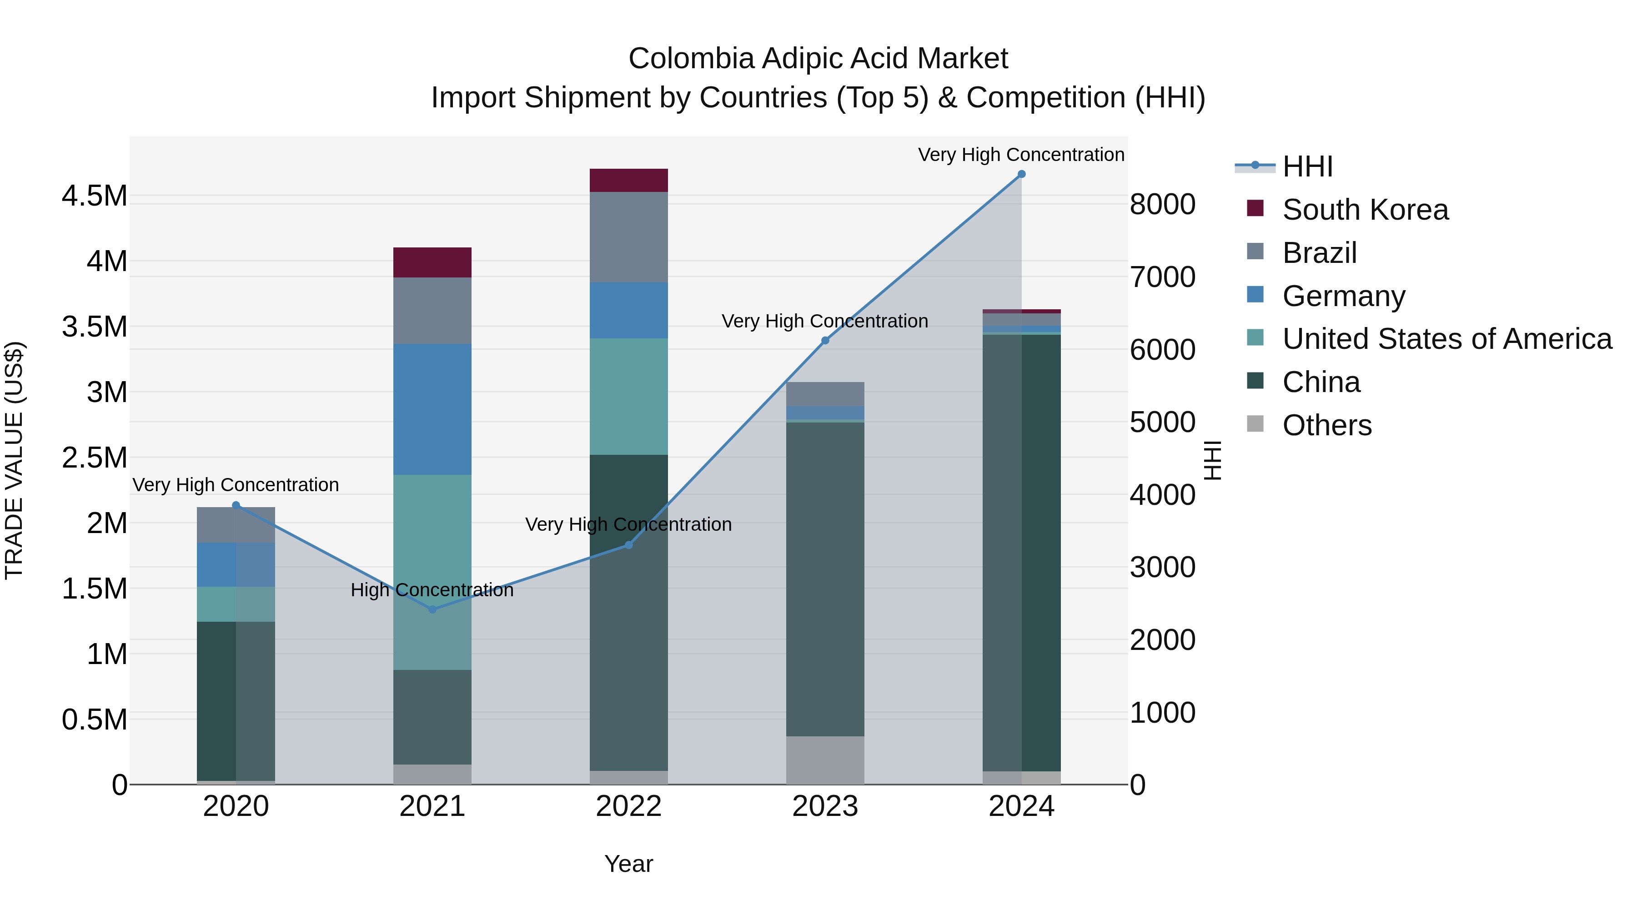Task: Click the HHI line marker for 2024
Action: pos(1021,174)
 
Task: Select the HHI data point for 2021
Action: pos(432,609)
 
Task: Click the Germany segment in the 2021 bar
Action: pos(432,409)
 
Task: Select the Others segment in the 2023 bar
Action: pos(825,760)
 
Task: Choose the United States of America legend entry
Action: pos(1446,339)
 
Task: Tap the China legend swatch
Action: pos(1255,382)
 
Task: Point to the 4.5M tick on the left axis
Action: pos(94,196)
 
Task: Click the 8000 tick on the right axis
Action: pos(1162,205)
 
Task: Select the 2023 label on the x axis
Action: pos(825,806)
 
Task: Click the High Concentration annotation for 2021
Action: pos(432,590)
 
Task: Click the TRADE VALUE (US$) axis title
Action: pos(15,460)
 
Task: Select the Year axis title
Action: pos(628,864)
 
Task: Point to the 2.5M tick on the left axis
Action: pos(94,458)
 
